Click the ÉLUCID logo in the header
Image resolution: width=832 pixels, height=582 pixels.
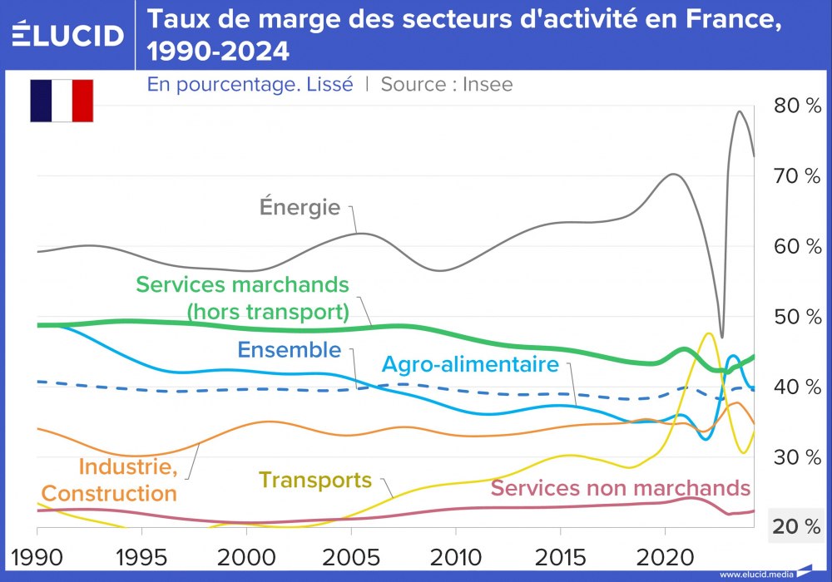(x=68, y=35)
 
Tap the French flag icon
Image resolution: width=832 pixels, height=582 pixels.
(x=62, y=101)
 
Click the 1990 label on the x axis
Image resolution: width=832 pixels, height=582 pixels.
(x=37, y=555)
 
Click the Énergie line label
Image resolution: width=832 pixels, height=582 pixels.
(x=300, y=206)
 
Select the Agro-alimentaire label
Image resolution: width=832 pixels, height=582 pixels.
(x=470, y=363)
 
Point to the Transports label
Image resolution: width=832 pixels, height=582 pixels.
(x=315, y=480)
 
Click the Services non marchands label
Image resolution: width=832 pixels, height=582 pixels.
(x=621, y=487)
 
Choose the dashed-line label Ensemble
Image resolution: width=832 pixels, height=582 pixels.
(x=290, y=350)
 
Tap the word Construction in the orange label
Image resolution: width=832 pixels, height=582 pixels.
(x=110, y=493)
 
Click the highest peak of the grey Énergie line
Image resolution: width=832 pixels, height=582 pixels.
(x=739, y=111)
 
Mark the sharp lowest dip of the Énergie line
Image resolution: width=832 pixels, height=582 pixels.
(x=721, y=337)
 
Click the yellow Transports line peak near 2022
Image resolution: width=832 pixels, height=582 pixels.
(x=708, y=333)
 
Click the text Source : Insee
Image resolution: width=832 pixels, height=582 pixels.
(x=447, y=84)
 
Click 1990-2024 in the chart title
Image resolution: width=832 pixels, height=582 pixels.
(x=218, y=52)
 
